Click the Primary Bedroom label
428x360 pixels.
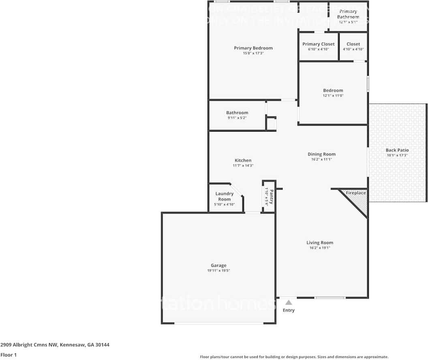[253, 48]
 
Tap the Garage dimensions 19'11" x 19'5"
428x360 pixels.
[218, 271]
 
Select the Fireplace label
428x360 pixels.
[355, 193]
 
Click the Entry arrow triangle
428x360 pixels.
[289, 302]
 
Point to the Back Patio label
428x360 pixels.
[397, 150]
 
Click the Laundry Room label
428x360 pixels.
[225, 196]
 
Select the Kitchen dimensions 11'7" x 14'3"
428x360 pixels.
[243, 165]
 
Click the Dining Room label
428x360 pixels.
[321, 154]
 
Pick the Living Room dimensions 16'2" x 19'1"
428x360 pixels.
[320, 247]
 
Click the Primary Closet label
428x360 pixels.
[319, 44]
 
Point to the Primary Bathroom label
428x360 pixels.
[348, 14]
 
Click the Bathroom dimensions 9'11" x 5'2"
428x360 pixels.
[237, 117]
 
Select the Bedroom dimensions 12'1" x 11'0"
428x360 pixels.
[333, 96]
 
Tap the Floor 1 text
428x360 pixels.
[8, 355]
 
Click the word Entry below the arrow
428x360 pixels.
[289, 310]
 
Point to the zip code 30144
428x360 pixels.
[102, 345]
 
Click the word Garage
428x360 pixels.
[218, 266]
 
